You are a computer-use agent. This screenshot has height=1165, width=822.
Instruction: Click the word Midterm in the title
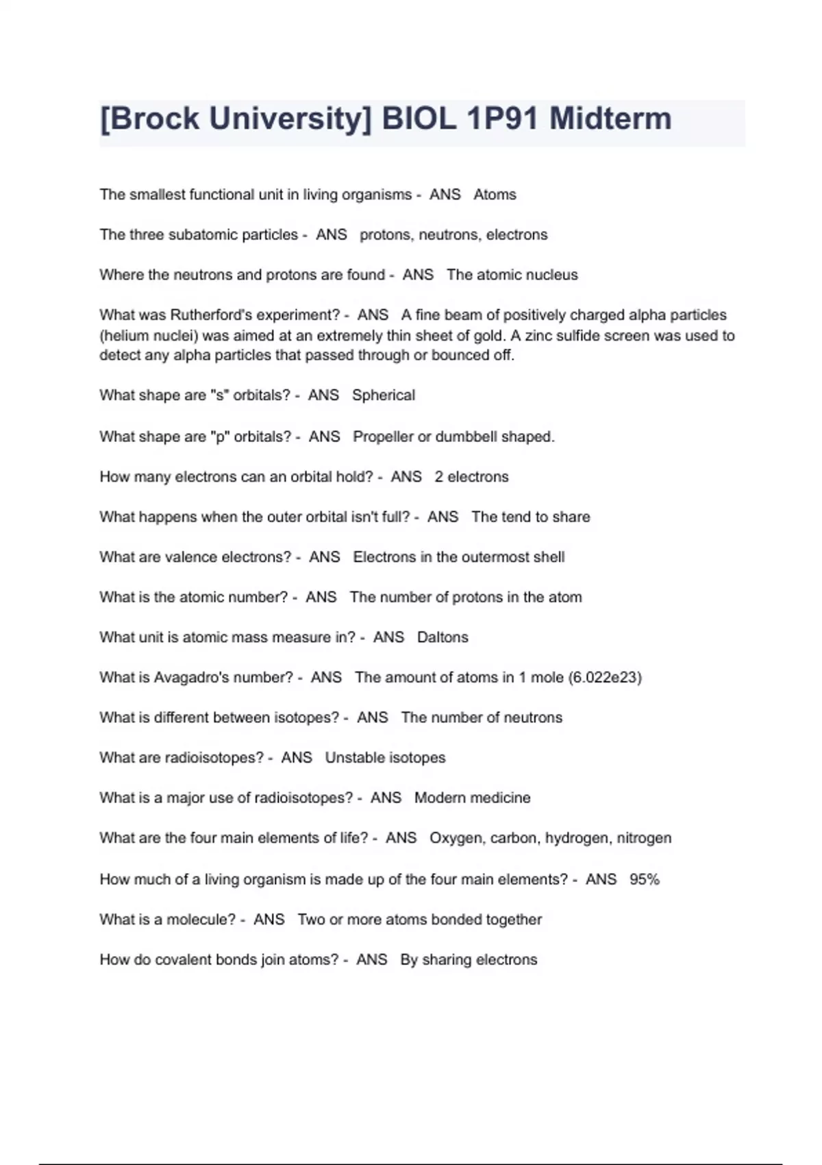(x=610, y=119)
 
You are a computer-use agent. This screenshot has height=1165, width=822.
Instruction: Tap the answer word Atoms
(x=495, y=195)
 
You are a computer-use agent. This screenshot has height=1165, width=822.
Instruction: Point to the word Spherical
(x=384, y=395)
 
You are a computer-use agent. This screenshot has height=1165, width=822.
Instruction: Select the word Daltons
(x=443, y=637)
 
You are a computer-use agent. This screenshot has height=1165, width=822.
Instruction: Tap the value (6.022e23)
(x=605, y=678)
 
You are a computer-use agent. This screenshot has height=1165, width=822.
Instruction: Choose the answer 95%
(x=644, y=879)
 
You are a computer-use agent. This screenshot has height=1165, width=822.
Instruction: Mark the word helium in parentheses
(x=124, y=336)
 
